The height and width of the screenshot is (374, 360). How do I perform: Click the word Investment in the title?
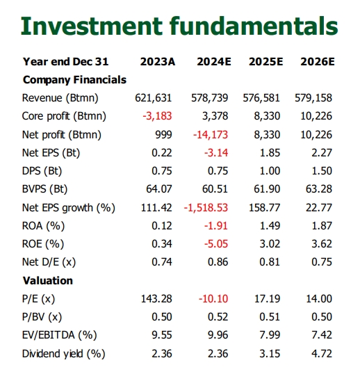[x=92, y=26]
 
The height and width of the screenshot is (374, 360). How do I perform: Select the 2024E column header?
[x=214, y=62]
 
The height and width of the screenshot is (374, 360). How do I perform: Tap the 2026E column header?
[x=318, y=62]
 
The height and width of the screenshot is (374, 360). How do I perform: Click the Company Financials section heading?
[x=74, y=80]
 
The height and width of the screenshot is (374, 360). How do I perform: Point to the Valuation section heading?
[x=48, y=281]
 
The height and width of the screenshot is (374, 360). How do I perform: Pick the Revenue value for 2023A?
[x=154, y=98]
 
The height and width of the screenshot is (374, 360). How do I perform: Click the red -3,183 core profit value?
[x=157, y=116]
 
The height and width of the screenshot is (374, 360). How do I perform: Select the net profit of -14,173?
[x=211, y=135]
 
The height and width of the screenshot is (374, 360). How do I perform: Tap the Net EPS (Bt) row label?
[x=51, y=153]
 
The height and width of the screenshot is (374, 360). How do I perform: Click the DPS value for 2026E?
[x=322, y=171]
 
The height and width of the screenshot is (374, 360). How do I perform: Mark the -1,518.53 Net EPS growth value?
[x=206, y=208]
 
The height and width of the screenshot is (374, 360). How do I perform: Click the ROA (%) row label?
[x=43, y=226]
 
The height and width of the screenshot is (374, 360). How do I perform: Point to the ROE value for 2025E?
[x=270, y=244]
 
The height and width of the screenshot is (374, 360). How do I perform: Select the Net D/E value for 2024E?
[x=218, y=262]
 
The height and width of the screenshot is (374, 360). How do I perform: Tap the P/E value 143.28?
[x=156, y=299]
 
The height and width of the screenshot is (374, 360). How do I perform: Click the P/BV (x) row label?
[x=42, y=317]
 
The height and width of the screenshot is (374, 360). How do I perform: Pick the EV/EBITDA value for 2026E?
[x=322, y=335]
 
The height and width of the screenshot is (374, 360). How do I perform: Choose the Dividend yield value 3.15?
[x=270, y=354]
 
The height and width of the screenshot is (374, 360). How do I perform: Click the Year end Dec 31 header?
[x=65, y=62]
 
